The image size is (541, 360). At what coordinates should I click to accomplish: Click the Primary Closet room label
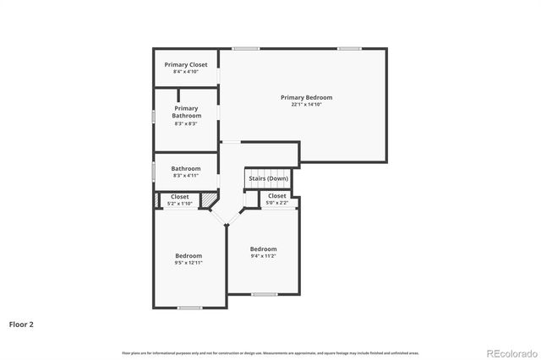point(186,64)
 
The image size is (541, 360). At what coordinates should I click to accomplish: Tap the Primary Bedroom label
point(302,97)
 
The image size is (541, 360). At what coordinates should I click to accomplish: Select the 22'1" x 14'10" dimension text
point(302,104)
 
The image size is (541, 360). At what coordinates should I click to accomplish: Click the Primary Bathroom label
point(186,112)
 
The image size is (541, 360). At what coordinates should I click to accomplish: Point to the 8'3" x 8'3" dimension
point(186,123)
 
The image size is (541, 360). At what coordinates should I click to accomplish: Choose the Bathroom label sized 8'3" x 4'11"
point(186,168)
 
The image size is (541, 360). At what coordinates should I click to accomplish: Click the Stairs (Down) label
point(268,178)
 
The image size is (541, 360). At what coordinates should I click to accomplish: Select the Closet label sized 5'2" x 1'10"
point(180,196)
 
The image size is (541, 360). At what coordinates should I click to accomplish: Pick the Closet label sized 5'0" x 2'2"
point(277,195)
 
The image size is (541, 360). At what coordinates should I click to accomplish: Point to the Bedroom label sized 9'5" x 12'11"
point(189,255)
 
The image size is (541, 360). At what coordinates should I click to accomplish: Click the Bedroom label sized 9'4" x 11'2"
point(264,248)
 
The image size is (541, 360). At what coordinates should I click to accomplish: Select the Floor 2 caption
point(21,324)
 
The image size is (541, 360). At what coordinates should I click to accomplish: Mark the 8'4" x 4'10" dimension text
point(186,72)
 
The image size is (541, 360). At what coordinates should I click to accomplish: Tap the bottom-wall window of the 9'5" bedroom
point(189,307)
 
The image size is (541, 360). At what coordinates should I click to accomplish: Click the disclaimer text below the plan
point(270,352)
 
